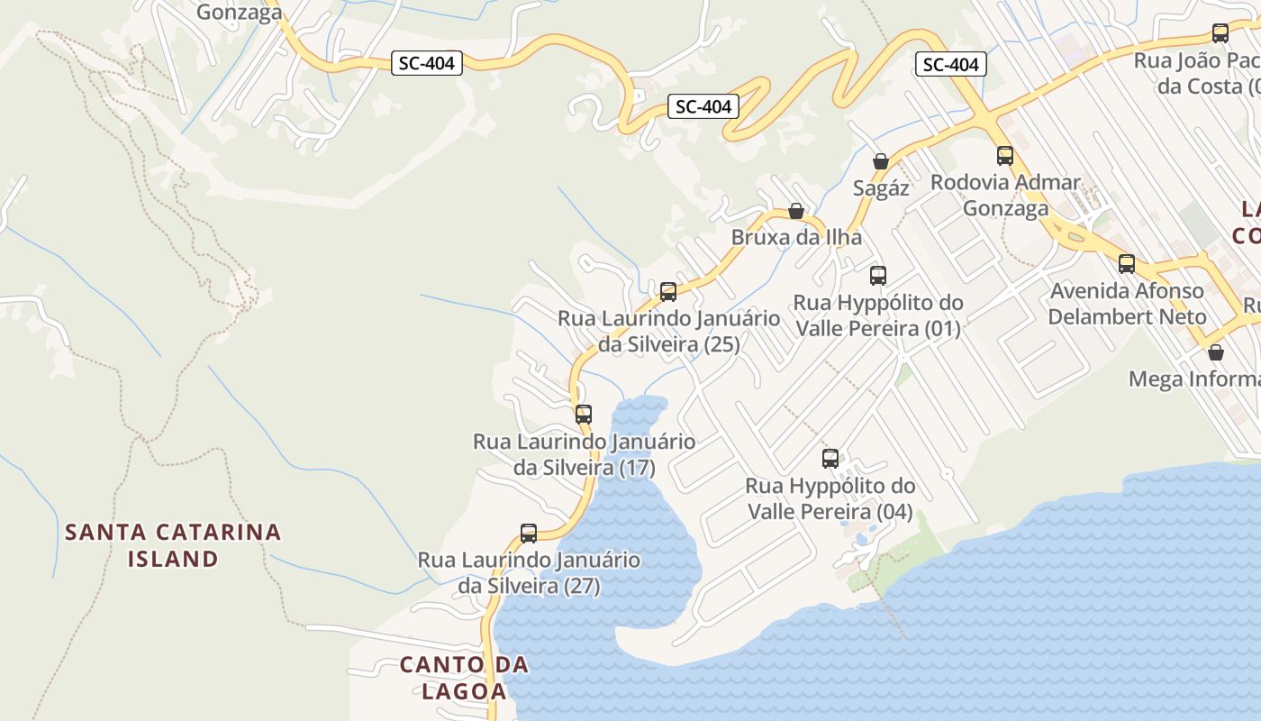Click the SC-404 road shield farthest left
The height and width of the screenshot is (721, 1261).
(427, 63)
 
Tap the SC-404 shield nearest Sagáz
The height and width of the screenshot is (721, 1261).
(951, 64)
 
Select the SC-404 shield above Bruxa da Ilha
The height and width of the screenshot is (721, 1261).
(703, 106)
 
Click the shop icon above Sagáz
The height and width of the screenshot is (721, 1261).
(881, 161)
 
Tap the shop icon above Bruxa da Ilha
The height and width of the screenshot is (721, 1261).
(796, 211)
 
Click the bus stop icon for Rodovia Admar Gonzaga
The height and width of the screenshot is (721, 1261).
(1005, 155)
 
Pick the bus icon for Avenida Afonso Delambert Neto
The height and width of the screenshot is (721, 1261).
(1127, 263)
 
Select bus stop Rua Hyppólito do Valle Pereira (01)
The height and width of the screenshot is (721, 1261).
(878, 275)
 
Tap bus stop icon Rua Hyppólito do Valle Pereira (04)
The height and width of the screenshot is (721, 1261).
(830, 458)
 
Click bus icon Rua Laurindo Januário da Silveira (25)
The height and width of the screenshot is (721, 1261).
(668, 291)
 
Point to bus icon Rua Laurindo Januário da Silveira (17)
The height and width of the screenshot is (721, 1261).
(584, 414)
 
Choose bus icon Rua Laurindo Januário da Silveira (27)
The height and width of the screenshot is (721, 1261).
(529, 533)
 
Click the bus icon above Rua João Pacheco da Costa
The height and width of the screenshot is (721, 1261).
(1220, 33)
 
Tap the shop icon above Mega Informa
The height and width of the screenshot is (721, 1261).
(1216, 351)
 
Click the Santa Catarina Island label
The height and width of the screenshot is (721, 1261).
(173, 545)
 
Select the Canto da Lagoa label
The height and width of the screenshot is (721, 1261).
(464, 678)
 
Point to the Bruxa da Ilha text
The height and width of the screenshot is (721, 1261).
(796, 238)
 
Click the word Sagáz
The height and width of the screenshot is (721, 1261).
(881, 188)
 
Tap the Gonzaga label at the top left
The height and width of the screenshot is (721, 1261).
(239, 12)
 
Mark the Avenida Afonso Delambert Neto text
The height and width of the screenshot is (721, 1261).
(1127, 304)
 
